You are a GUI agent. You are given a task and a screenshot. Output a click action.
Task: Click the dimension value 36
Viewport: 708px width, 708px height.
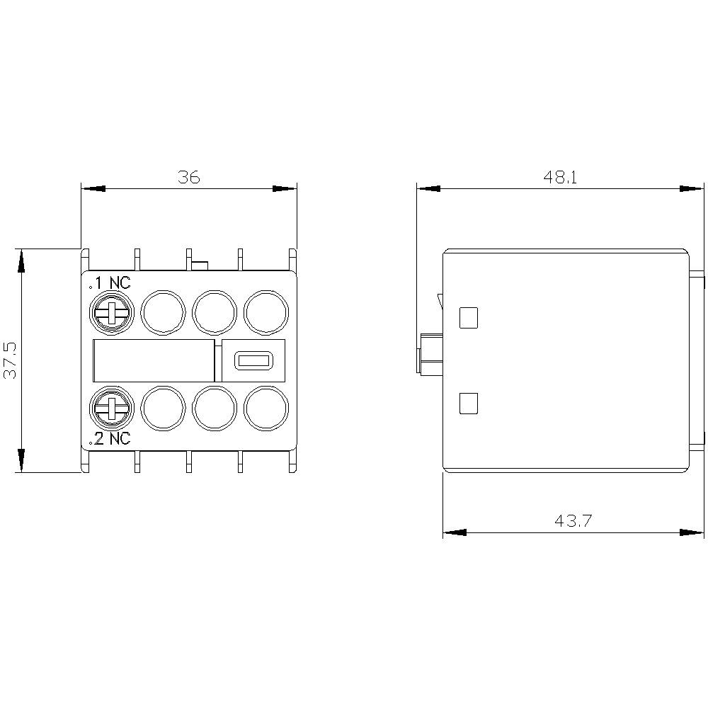pyautogui.click(x=189, y=177)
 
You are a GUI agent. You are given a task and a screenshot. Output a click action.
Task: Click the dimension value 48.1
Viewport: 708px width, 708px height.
pyautogui.click(x=561, y=177)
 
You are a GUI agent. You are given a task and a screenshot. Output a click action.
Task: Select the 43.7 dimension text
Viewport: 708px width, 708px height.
pyautogui.click(x=573, y=521)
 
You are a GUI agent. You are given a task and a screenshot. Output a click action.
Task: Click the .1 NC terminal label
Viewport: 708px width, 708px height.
pyautogui.click(x=110, y=283)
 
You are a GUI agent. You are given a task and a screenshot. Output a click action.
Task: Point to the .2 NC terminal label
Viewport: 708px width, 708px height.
pyautogui.click(x=110, y=439)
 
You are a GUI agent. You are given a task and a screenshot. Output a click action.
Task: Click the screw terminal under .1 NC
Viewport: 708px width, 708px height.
pyautogui.click(x=110, y=312)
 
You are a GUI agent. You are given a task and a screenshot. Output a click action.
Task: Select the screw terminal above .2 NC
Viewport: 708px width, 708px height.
pyautogui.click(x=110, y=409)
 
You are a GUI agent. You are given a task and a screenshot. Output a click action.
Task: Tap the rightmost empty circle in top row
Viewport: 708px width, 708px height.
pyautogui.click(x=266, y=312)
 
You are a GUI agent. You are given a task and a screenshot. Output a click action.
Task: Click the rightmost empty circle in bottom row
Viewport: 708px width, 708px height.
pyautogui.click(x=266, y=409)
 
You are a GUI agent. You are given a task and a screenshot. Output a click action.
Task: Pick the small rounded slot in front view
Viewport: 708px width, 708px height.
pyautogui.click(x=250, y=360)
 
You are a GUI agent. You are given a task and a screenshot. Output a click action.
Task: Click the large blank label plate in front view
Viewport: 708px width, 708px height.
pyautogui.click(x=153, y=360)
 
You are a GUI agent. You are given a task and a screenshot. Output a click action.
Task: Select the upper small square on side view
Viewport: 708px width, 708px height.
pyautogui.click(x=468, y=318)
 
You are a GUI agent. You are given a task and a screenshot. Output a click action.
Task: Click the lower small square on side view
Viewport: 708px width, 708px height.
pyautogui.click(x=468, y=404)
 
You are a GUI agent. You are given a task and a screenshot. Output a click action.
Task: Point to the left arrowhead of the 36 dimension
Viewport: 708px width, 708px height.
pyautogui.click(x=93, y=189)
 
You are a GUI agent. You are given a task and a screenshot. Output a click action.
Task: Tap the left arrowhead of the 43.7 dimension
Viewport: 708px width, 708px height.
pyautogui.click(x=455, y=532)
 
